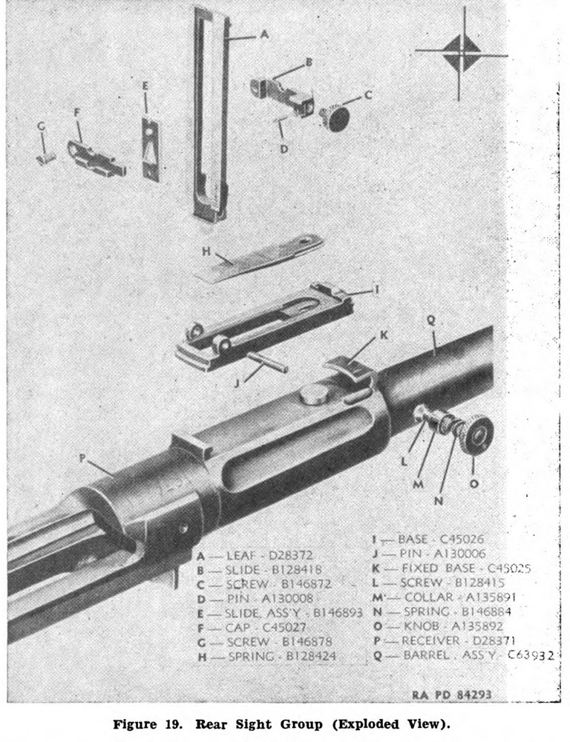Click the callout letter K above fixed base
[x=384, y=335]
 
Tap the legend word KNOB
[x=416, y=626]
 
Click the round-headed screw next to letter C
[x=338, y=117]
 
